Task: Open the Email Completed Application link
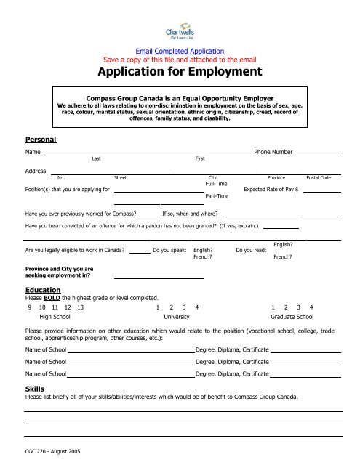(x=180, y=51)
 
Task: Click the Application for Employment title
(x=180, y=73)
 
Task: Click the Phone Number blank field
(x=319, y=153)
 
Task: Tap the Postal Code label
(x=319, y=177)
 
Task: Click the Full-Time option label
(x=217, y=185)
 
